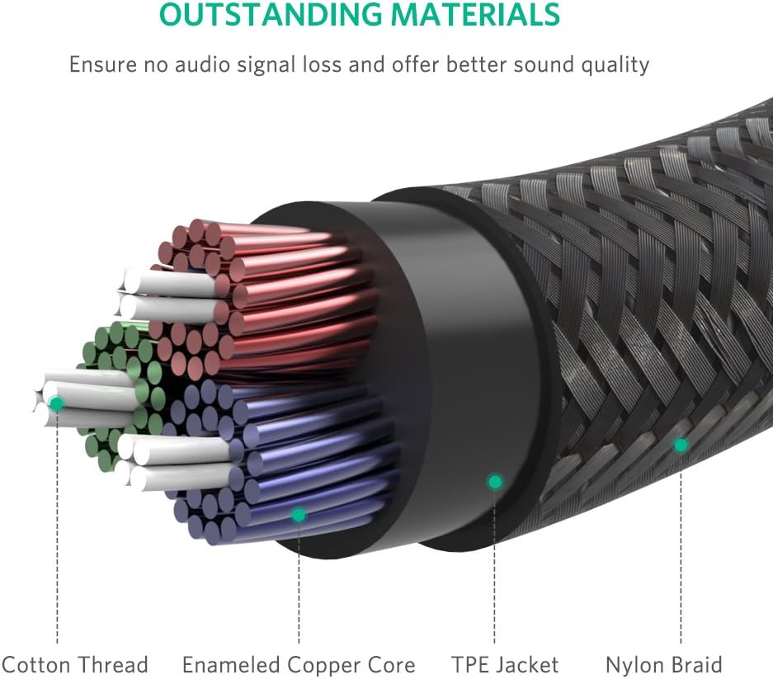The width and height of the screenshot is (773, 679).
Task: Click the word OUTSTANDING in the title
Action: click(x=270, y=14)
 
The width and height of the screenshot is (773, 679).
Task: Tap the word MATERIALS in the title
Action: click(x=476, y=14)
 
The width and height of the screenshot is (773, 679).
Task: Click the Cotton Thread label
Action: click(x=74, y=665)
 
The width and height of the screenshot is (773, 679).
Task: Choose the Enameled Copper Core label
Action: click(x=299, y=665)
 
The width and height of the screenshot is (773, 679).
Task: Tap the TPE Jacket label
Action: click(x=505, y=665)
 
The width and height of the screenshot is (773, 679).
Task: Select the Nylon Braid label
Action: click(x=663, y=665)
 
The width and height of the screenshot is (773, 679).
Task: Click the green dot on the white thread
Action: click(x=56, y=403)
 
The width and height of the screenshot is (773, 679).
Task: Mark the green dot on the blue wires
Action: click(x=299, y=515)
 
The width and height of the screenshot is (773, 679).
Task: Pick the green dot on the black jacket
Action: click(x=494, y=481)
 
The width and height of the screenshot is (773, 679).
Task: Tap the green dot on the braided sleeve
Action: click(x=681, y=446)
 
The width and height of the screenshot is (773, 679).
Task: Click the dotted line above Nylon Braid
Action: click(x=681, y=553)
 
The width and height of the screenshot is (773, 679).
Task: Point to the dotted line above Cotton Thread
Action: click(x=56, y=536)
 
